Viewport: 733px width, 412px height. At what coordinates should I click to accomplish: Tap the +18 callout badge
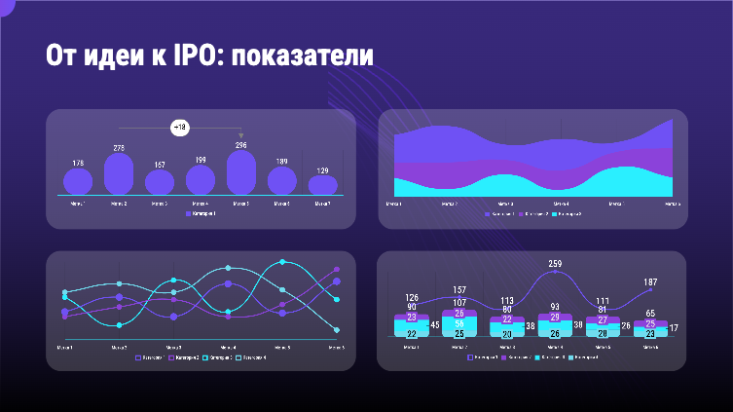180,127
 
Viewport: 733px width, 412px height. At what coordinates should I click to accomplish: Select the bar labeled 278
119,173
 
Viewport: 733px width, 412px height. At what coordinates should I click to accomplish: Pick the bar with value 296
241,171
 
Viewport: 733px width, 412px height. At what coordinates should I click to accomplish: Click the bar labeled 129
323,184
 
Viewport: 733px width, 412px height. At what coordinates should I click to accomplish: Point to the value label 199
201,160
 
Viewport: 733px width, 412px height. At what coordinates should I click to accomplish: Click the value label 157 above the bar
160,165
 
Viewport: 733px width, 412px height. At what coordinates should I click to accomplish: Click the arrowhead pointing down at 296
241,135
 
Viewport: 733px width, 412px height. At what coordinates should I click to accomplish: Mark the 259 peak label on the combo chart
555,264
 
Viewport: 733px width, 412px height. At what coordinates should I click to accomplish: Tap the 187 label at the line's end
650,282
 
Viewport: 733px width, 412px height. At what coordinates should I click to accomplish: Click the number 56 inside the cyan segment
460,324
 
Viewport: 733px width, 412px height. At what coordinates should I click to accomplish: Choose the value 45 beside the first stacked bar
434,325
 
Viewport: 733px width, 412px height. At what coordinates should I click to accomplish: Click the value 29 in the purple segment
555,317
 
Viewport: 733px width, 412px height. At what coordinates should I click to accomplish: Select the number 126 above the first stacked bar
412,298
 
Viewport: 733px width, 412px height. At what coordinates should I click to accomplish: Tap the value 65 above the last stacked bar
650,314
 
